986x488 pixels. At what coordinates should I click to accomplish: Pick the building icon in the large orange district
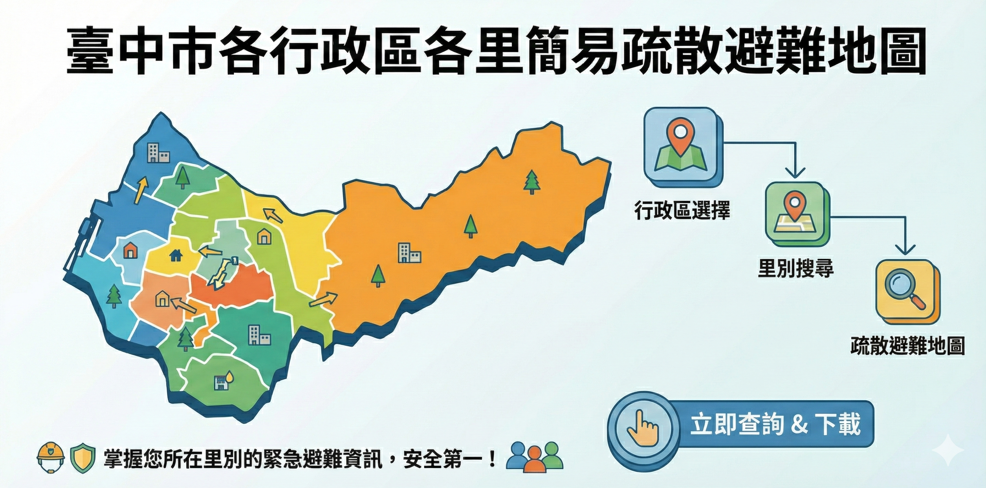(x=409, y=253)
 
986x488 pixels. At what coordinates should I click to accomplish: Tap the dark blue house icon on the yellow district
(x=176, y=255)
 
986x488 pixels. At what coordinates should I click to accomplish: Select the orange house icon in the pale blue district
(x=130, y=250)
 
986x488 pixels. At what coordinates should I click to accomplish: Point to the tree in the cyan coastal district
(x=114, y=296)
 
